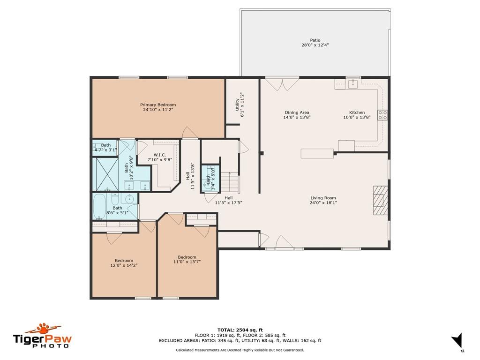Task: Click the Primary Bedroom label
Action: click(x=158, y=105)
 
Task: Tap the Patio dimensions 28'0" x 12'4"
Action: click(x=315, y=45)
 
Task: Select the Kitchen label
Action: click(x=357, y=112)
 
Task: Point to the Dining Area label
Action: click(x=297, y=112)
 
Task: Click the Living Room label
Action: click(x=323, y=198)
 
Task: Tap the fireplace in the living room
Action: click(x=380, y=200)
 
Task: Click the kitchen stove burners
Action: click(x=382, y=115)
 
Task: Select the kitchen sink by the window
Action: click(x=353, y=84)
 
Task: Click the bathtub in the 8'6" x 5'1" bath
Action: click(x=100, y=207)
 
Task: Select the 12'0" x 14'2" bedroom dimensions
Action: click(x=124, y=265)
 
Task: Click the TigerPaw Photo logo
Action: click(x=42, y=336)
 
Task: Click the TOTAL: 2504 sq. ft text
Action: click(x=240, y=330)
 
